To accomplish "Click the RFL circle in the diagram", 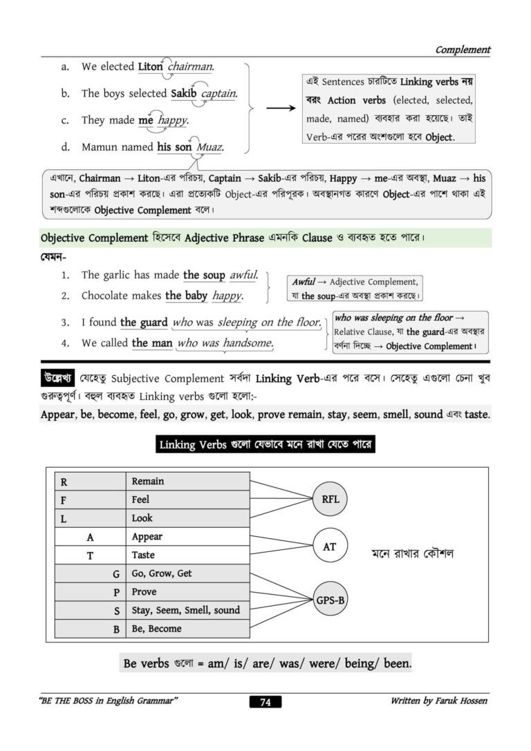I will click(330, 500).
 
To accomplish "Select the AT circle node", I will click(330, 546).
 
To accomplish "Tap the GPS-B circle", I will click(330, 600).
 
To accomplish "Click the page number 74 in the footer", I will click(265, 702).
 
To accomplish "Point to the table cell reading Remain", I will click(188, 481).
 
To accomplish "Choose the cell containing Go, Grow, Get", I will click(188, 573).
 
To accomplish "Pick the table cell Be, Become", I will click(188, 629).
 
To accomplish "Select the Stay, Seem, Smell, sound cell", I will click(188, 610).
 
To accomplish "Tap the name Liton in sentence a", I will click(150, 67).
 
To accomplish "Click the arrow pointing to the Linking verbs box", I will click(280, 108).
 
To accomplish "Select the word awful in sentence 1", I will click(243, 275).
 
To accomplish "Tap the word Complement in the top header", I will click(463, 50).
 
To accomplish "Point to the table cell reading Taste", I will click(188, 555).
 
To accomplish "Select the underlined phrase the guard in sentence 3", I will click(144, 322).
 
